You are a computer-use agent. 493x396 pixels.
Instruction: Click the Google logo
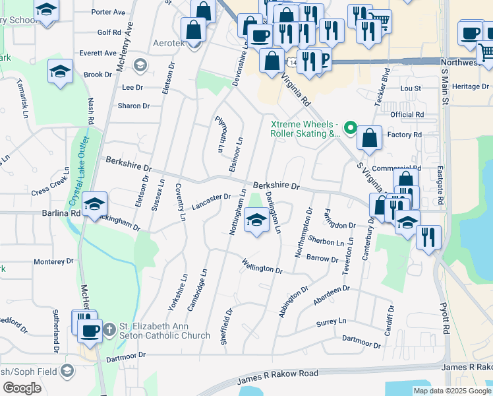[x=22, y=387]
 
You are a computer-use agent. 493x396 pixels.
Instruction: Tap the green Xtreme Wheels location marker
[x=351, y=128]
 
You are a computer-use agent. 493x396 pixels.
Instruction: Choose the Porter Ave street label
[x=108, y=12]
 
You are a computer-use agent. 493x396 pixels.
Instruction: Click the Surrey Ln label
[x=331, y=321]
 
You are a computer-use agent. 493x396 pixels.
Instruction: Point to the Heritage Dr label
[x=470, y=86]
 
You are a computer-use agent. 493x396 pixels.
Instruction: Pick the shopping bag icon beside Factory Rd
[x=370, y=137]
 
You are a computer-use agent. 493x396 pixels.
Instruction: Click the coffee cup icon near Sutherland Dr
[x=90, y=330]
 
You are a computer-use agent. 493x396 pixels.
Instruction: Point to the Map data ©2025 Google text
[x=452, y=391]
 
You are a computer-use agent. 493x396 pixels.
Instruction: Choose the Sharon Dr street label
[x=133, y=106]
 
